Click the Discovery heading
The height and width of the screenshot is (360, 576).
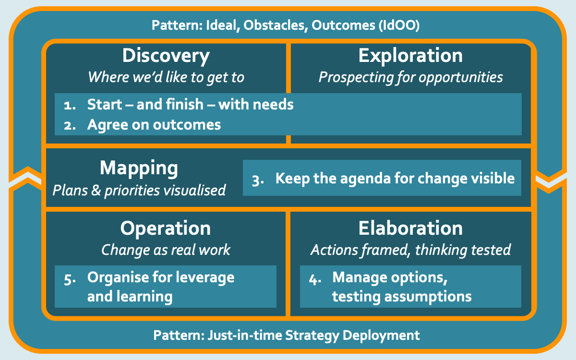point(166,56)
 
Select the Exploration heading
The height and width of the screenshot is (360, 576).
point(410,56)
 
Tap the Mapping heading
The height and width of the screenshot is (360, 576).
point(139,168)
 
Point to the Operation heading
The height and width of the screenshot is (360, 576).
point(165,228)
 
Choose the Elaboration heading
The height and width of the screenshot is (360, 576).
point(410,228)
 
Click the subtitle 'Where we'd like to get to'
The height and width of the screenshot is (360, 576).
point(166,77)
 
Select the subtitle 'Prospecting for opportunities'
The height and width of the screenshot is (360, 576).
point(411,77)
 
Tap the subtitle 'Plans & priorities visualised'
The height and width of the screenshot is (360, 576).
point(139,191)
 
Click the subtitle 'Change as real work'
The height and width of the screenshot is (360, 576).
point(166,250)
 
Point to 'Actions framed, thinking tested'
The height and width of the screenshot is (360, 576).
point(411,250)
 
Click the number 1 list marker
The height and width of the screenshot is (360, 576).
point(70,106)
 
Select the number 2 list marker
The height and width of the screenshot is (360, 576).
point(70,126)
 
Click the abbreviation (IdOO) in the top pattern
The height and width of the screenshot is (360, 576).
point(399,25)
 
